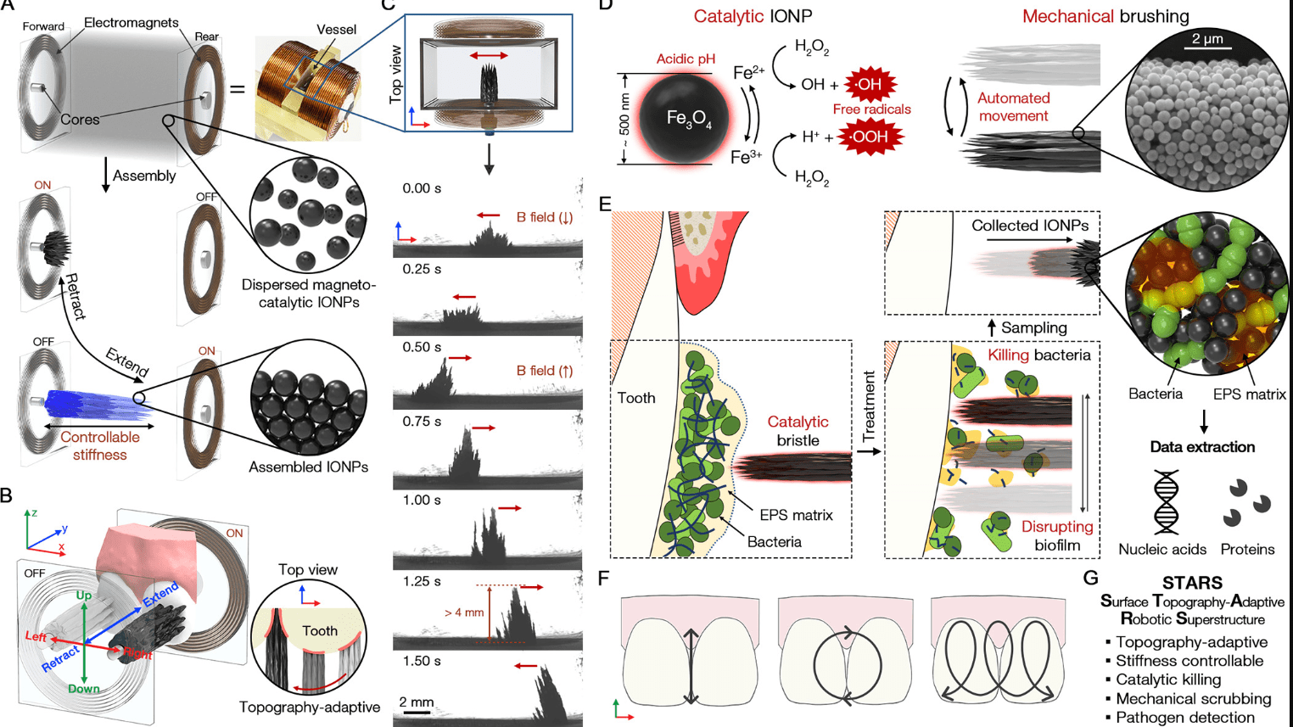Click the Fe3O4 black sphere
tap(682, 119)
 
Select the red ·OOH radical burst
tap(870, 137)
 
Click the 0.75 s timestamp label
tap(421, 422)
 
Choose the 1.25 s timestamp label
tap(421, 582)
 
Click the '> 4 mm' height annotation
tap(463, 612)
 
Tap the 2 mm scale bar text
tap(417, 702)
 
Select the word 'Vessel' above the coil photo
tap(336, 30)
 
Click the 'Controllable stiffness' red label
tap(99, 446)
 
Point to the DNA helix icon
tap(1166, 502)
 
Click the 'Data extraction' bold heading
tap(1201, 447)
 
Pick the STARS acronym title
tap(1192, 584)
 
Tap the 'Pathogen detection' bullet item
tap(1184, 718)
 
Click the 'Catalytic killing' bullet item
tap(1167, 679)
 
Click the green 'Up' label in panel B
tap(83, 596)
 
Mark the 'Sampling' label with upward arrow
tap(1033, 327)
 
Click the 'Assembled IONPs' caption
tap(308, 467)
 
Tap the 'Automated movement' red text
tap(1013, 107)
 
